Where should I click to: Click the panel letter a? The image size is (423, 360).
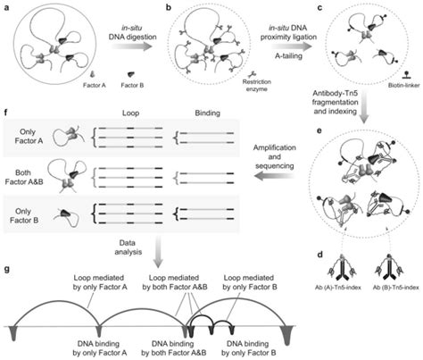(x=6, y=6)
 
